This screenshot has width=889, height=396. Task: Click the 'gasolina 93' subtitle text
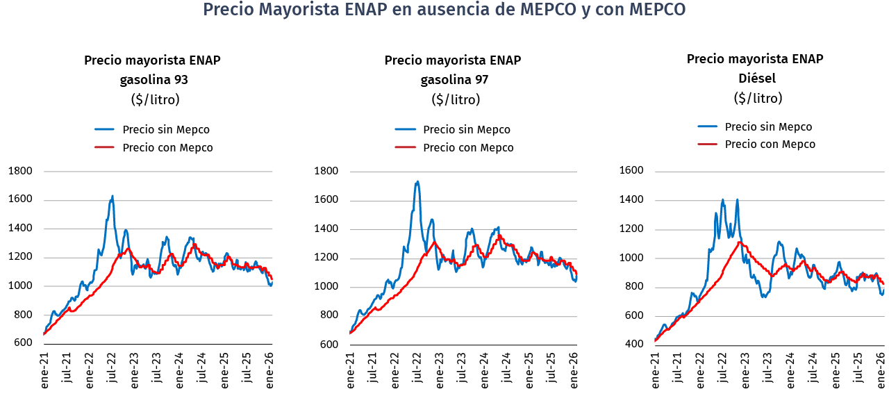click(x=154, y=79)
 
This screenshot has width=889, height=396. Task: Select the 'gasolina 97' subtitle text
click(x=454, y=79)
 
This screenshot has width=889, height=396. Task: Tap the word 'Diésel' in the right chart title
click(x=757, y=78)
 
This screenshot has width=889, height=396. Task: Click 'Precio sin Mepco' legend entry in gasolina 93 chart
click(x=165, y=130)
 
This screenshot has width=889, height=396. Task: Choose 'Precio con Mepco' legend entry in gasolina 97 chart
click(x=468, y=148)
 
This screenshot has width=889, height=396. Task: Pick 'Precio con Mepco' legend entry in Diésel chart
click(x=770, y=145)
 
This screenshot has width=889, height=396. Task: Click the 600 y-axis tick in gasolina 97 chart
click(x=330, y=344)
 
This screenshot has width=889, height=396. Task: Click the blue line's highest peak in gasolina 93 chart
click(x=113, y=197)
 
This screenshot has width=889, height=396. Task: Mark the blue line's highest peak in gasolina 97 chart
click(x=417, y=182)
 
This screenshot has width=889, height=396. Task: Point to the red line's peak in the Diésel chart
click(x=740, y=242)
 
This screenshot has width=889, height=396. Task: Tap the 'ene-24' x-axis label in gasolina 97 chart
click(x=484, y=369)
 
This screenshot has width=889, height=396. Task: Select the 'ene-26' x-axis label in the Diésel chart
click(x=881, y=368)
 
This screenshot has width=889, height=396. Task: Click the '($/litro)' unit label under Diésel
click(x=757, y=98)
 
